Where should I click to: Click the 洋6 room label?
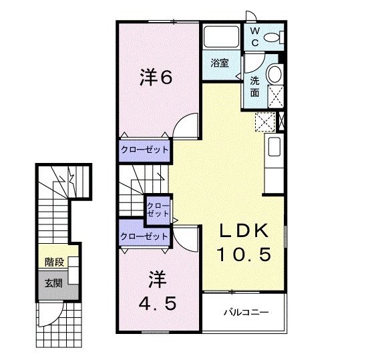coord(156,77)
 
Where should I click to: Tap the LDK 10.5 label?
coord(244,242)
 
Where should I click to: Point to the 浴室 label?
coord(220,63)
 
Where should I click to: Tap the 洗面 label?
coord(255,87)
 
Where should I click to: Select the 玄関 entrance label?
coord(53,283)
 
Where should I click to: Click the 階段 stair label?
coord(53,261)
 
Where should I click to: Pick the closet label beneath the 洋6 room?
coord(144,150)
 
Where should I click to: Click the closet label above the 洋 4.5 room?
coord(144,236)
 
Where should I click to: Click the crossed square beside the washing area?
coord(265,122)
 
